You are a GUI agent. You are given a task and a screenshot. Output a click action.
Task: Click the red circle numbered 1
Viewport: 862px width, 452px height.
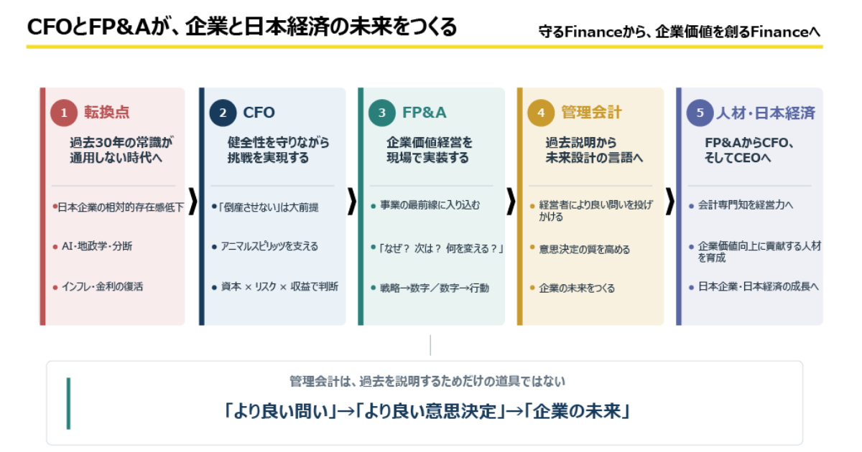click(x=64, y=113)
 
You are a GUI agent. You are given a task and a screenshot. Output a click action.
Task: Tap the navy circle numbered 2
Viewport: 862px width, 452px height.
click(x=223, y=113)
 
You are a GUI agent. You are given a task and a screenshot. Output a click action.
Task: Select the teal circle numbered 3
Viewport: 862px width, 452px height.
click(x=381, y=113)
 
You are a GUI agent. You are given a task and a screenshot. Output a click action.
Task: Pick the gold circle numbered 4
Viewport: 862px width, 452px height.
click(x=541, y=113)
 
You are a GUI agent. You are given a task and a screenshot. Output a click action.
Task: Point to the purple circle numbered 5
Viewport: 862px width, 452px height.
click(x=700, y=113)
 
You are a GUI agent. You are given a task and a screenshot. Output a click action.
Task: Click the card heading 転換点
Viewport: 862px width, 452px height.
click(x=106, y=112)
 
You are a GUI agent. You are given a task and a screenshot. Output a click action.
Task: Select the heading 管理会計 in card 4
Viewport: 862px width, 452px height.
click(x=591, y=112)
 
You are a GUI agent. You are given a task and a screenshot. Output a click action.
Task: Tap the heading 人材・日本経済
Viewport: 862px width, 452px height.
click(x=766, y=113)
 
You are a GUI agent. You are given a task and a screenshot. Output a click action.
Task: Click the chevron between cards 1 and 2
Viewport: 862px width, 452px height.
click(x=193, y=201)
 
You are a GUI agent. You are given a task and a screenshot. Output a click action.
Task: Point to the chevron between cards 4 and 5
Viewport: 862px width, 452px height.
click(x=670, y=201)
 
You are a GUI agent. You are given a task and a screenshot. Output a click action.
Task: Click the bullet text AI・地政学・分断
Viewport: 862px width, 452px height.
click(x=97, y=246)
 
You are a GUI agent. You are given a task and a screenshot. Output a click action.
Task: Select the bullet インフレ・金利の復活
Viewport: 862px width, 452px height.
click(x=102, y=286)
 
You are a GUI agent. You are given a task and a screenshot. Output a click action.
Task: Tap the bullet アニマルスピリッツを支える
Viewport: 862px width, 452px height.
click(x=269, y=246)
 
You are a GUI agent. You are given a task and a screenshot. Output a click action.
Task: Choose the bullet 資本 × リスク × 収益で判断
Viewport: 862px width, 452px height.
click(x=279, y=286)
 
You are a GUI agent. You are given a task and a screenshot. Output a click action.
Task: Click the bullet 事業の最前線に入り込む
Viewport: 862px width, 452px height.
click(x=430, y=205)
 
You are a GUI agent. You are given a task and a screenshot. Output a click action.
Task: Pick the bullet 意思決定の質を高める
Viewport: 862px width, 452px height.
click(x=584, y=250)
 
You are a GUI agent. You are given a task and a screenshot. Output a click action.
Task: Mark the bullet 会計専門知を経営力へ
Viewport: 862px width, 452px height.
click(x=746, y=205)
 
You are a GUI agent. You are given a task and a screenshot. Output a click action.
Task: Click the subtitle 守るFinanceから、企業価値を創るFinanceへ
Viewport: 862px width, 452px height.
click(x=680, y=32)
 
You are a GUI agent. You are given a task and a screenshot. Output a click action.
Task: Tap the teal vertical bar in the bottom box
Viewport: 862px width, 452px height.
click(x=68, y=403)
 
